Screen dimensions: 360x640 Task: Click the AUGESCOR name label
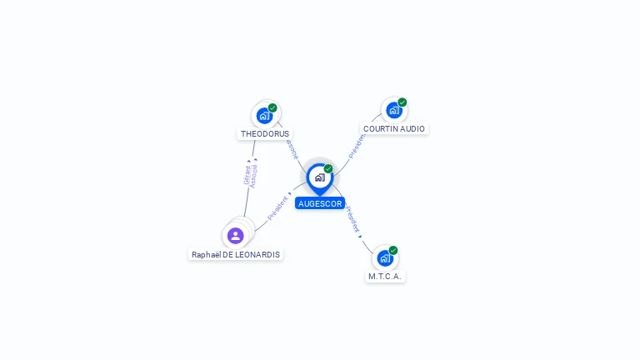[319, 203]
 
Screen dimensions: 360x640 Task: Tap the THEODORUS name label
[265, 133]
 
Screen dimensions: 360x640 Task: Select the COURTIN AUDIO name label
[394, 129]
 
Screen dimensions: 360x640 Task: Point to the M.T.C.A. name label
[385, 276]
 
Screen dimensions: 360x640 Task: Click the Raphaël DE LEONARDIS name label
[236, 254]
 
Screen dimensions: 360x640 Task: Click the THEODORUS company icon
[264, 115]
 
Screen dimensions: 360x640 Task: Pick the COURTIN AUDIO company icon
[393, 110]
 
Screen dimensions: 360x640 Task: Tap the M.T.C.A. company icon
[384, 257]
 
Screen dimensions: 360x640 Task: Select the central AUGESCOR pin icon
[319, 177]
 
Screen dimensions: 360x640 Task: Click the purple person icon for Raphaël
[236, 235]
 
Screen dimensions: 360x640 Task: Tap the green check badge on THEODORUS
[272, 107]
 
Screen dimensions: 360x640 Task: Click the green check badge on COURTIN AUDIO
[402, 102]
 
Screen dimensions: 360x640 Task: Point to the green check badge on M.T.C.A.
[392, 250]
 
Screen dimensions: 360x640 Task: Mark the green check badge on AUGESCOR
[328, 168]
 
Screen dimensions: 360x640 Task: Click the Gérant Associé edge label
[250, 175]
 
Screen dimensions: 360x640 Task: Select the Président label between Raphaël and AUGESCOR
[278, 208]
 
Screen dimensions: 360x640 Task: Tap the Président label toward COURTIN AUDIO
[357, 145]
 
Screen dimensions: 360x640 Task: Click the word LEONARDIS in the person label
[257, 254]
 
